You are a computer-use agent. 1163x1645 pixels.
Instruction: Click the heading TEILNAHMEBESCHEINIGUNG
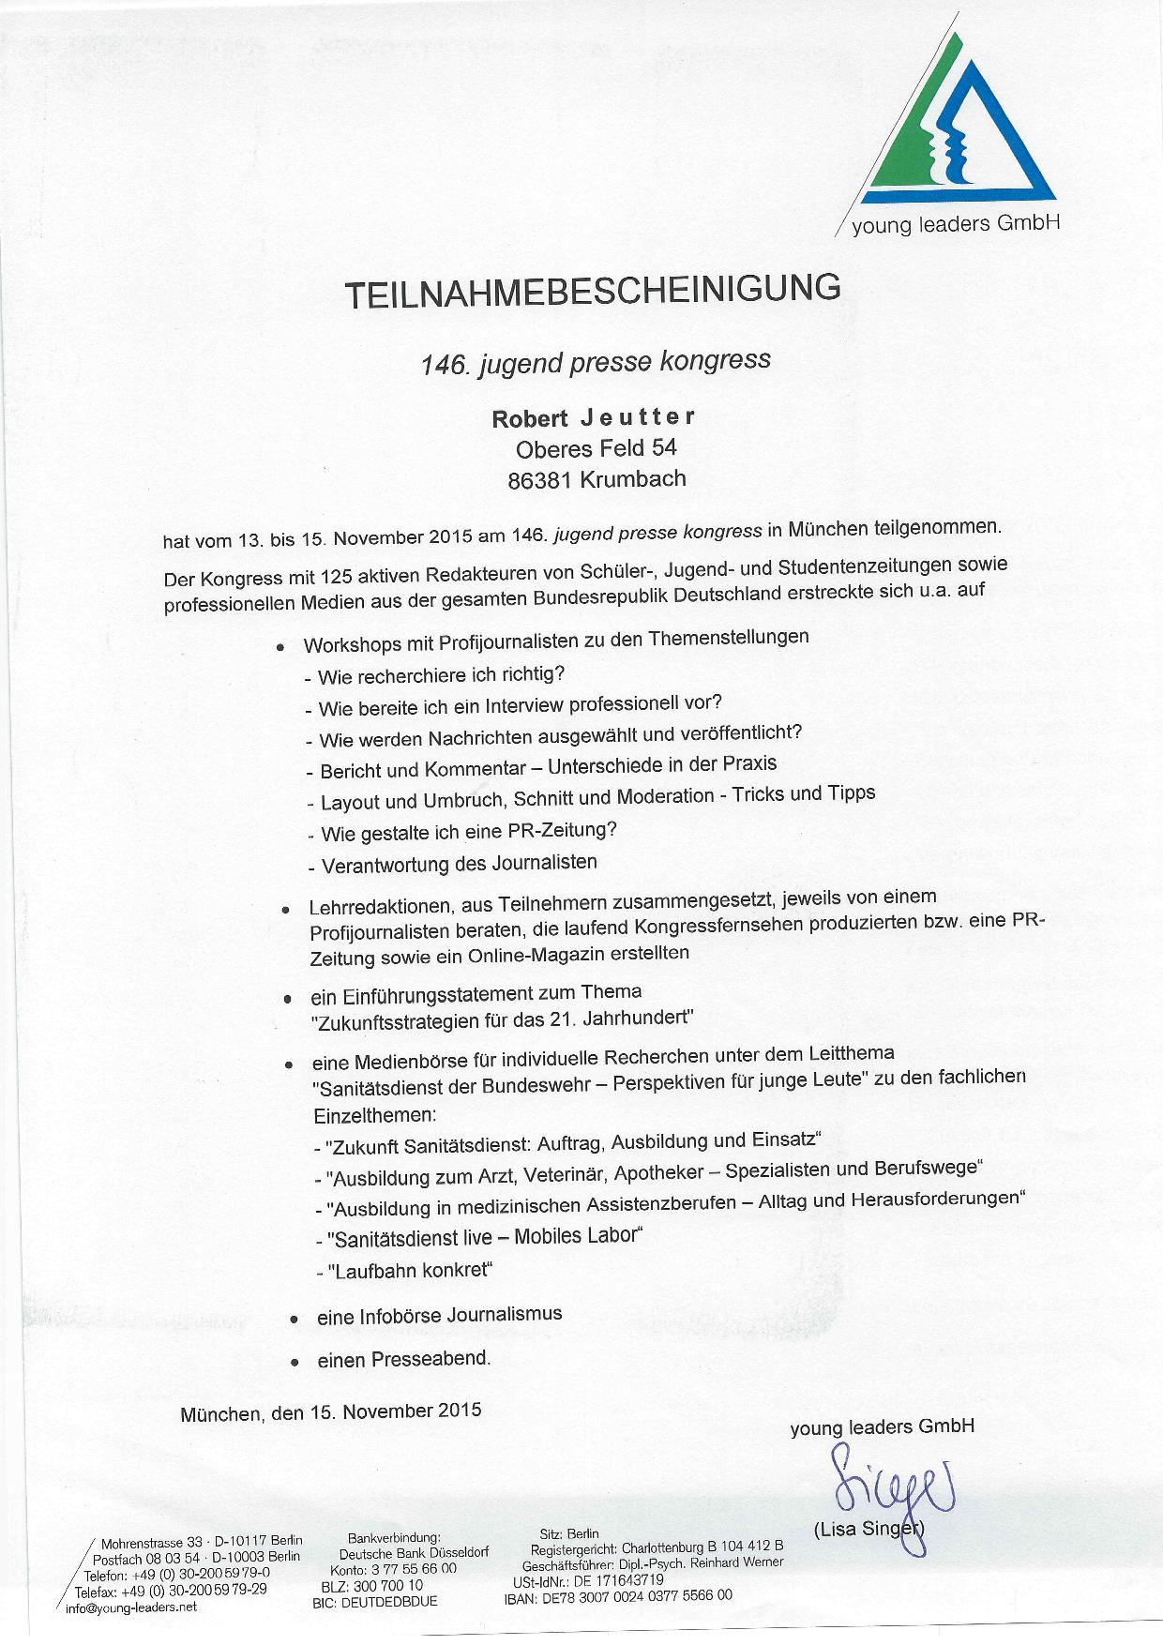[x=593, y=290]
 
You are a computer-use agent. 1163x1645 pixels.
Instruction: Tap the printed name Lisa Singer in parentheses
[x=868, y=1530]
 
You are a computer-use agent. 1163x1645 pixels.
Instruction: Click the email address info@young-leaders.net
[x=131, y=1607]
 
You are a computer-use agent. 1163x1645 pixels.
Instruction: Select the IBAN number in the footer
[x=638, y=1594]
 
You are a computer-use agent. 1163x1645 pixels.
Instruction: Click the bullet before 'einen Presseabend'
[x=295, y=1361]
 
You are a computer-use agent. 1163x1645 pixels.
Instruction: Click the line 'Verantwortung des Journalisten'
[x=460, y=864]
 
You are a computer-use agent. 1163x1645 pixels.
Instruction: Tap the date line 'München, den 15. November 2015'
[x=330, y=1412]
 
